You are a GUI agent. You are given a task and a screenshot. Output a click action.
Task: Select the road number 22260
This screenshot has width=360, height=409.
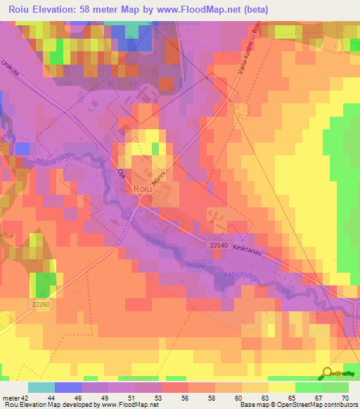(41, 304)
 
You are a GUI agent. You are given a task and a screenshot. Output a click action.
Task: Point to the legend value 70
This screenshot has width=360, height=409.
(345, 398)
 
